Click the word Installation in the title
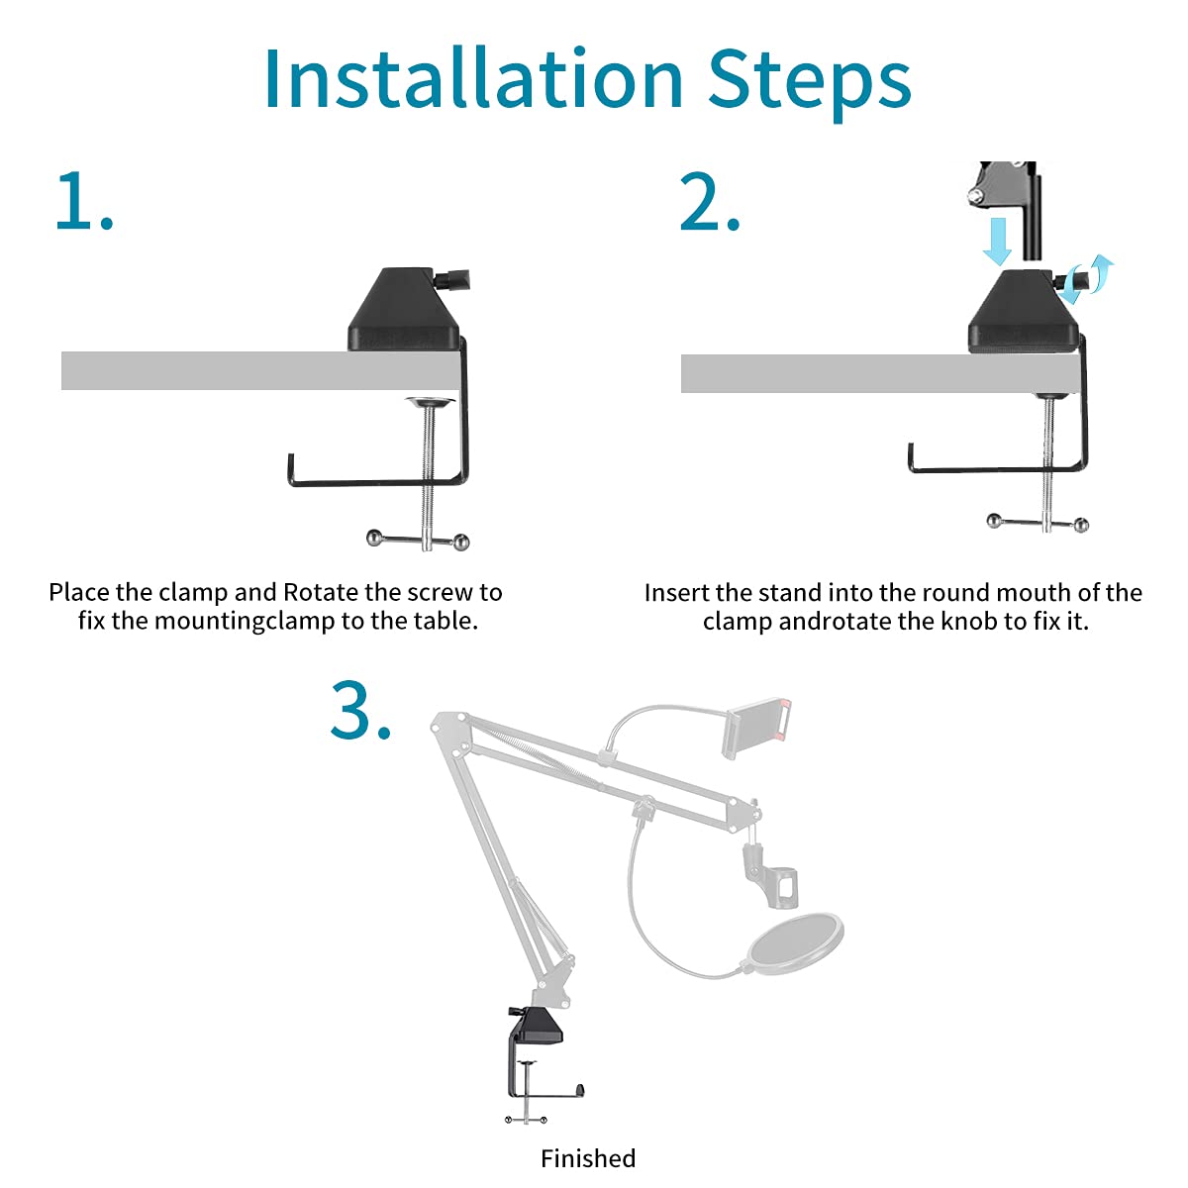point(473,79)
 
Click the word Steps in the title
point(810,84)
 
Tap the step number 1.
point(84,202)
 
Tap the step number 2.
point(710,202)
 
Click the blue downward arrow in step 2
point(996,241)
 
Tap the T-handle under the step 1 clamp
point(419,540)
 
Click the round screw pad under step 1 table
point(430,403)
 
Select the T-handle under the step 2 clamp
point(1038,524)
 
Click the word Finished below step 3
point(587,1158)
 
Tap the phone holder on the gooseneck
point(757,728)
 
